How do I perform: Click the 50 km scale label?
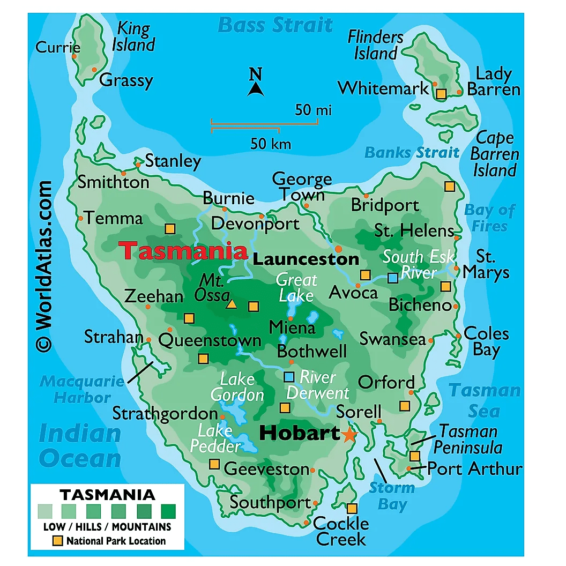271,144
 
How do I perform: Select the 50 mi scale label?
313,110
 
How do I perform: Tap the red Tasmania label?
183,251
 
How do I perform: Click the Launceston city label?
306,260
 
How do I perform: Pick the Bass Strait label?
275,25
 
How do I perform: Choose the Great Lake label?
296,287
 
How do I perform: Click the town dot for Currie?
75,56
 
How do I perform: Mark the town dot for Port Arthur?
409,468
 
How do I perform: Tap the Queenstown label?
210,340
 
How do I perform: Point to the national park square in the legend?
57,541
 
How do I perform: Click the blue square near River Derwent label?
289,377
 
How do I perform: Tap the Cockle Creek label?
341,531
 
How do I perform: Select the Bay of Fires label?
489,218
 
